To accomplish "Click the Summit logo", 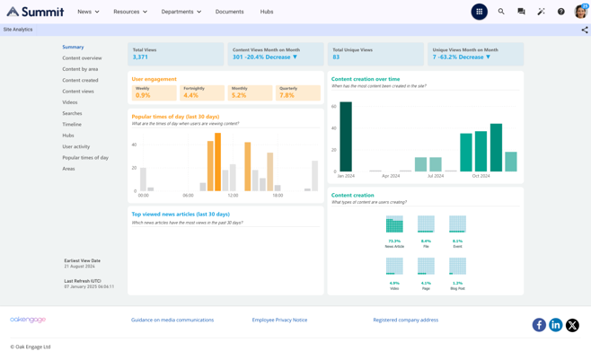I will click(x=35, y=12).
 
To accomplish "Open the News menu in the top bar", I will click(x=87, y=12).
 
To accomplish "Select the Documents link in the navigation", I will click(x=229, y=12).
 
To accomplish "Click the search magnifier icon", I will click(x=501, y=12).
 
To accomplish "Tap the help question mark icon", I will click(x=560, y=12).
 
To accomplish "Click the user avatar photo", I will click(x=580, y=12).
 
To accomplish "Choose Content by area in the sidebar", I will click(x=80, y=69).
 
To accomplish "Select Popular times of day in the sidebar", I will click(x=85, y=157).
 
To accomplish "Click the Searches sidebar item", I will click(x=72, y=113).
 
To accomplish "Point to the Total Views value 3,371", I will click(x=140, y=57).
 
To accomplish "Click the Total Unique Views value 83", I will click(x=336, y=57).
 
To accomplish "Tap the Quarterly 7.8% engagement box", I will click(x=297, y=92).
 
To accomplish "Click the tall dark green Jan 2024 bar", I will click(x=346, y=136).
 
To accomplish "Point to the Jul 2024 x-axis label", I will click(x=436, y=176).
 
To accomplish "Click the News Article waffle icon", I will click(x=394, y=224).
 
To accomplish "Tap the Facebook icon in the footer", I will click(x=539, y=325).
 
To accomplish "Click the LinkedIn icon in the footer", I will click(x=555, y=325).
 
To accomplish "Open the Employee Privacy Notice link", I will click(x=279, y=320).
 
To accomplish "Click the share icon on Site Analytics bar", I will click(x=584, y=30).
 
